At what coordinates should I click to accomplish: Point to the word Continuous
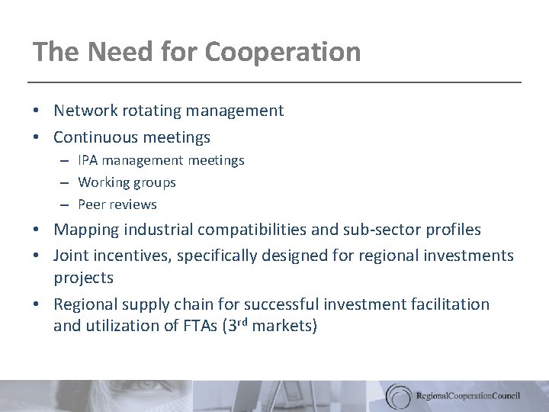(x=95, y=137)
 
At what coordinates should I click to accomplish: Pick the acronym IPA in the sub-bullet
(x=88, y=160)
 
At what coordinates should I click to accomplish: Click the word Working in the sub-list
(x=103, y=182)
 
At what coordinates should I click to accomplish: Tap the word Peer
(x=91, y=204)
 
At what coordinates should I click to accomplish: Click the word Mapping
(x=83, y=230)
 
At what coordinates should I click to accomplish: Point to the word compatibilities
(x=245, y=230)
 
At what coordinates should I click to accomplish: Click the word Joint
(x=71, y=256)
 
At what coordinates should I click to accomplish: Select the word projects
(x=83, y=278)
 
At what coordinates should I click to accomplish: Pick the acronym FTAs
(x=201, y=327)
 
